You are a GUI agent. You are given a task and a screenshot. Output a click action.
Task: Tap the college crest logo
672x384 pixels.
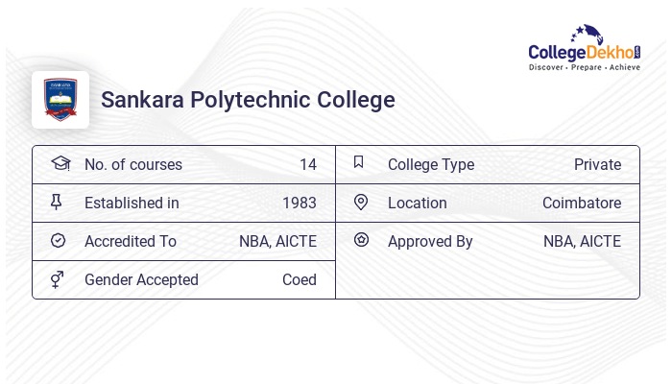click(60, 100)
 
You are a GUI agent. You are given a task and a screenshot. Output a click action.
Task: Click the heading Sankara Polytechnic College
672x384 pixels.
click(248, 100)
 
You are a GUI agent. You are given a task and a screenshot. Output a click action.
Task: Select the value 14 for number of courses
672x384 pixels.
click(307, 165)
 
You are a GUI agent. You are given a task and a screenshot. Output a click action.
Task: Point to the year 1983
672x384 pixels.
click(299, 204)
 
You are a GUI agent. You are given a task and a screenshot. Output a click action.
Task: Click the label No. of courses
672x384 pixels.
click(132, 165)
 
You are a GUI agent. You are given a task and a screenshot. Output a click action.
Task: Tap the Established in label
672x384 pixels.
click(132, 204)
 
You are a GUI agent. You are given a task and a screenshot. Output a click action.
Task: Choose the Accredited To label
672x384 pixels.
click(131, 242)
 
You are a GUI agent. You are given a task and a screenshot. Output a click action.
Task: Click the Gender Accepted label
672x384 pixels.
click(141, 280)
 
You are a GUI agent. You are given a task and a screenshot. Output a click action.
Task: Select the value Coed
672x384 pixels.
click(299, 280)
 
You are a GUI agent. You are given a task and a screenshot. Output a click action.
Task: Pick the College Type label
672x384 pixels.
click(431, 165)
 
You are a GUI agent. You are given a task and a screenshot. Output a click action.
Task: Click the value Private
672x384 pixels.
click(597, 165)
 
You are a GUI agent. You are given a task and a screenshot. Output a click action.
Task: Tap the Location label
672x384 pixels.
click(418, 204)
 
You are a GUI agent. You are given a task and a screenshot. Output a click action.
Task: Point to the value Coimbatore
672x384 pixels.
click(582, 204)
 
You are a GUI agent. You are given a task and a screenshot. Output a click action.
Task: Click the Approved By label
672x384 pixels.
click(430, 242)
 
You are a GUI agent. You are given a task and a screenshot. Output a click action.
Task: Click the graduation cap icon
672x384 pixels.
click(60, 164)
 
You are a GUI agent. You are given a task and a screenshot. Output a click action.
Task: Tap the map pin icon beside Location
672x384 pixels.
click(361, 203)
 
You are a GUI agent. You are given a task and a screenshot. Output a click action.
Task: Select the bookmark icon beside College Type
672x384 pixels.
click(359, 162)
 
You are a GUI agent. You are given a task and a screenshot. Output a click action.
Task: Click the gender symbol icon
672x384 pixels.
click(58, 279)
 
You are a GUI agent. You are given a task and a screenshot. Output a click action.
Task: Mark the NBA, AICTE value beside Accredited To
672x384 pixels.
click(277, 242)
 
